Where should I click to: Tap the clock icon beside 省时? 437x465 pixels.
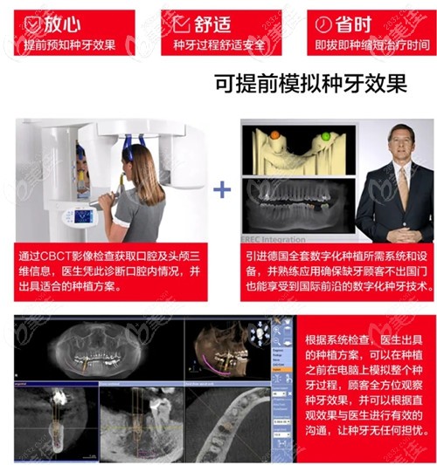click(x=325, y=21)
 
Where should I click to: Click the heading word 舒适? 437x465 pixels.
click(x=215, y=21)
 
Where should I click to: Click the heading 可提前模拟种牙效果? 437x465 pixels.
click(x=310, y=84)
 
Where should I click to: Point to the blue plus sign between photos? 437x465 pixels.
click(x=224, y=188)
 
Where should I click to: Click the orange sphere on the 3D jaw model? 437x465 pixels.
click(x=274, y=136)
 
